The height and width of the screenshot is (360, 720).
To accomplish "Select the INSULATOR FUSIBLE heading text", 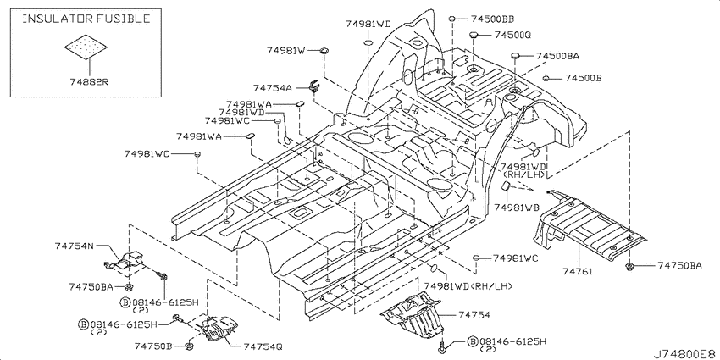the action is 86,19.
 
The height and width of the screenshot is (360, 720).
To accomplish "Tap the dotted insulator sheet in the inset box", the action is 86,47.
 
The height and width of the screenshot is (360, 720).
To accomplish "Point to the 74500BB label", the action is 492,19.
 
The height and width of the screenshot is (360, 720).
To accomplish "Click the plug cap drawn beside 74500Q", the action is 474,34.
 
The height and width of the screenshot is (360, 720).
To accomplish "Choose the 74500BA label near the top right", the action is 557,56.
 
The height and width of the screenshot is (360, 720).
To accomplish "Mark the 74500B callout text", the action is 583,78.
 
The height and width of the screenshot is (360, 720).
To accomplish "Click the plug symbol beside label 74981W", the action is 324,51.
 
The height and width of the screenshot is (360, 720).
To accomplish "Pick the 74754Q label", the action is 263,346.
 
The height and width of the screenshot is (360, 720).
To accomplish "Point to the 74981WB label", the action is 517,208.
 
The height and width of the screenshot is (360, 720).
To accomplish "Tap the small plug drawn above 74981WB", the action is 506,186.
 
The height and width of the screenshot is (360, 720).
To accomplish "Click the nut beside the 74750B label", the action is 190,346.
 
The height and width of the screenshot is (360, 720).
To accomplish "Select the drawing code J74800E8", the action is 684,354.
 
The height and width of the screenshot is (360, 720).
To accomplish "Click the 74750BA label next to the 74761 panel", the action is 679,265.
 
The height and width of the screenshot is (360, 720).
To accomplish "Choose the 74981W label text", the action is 286,51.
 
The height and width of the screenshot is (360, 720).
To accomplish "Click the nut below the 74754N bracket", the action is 129,287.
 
